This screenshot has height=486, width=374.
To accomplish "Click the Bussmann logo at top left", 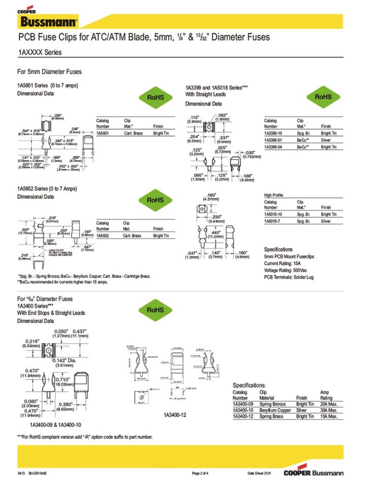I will click(49, 21).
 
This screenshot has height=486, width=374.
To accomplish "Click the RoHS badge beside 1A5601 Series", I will click(156, 97).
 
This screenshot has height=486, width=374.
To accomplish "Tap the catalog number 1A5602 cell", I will click(103, 236).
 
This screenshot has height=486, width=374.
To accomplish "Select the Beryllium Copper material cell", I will click(275, 410).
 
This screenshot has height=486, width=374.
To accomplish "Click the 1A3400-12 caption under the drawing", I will click(175, 415).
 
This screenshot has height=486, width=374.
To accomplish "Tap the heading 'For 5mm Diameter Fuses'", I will click(49, 72).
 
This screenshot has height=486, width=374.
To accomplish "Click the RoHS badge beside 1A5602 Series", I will click(156, 200).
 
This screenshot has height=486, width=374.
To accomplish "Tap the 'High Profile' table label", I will click(273, 195).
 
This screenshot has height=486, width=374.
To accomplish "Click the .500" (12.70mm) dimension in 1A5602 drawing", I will click(24, 231).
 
